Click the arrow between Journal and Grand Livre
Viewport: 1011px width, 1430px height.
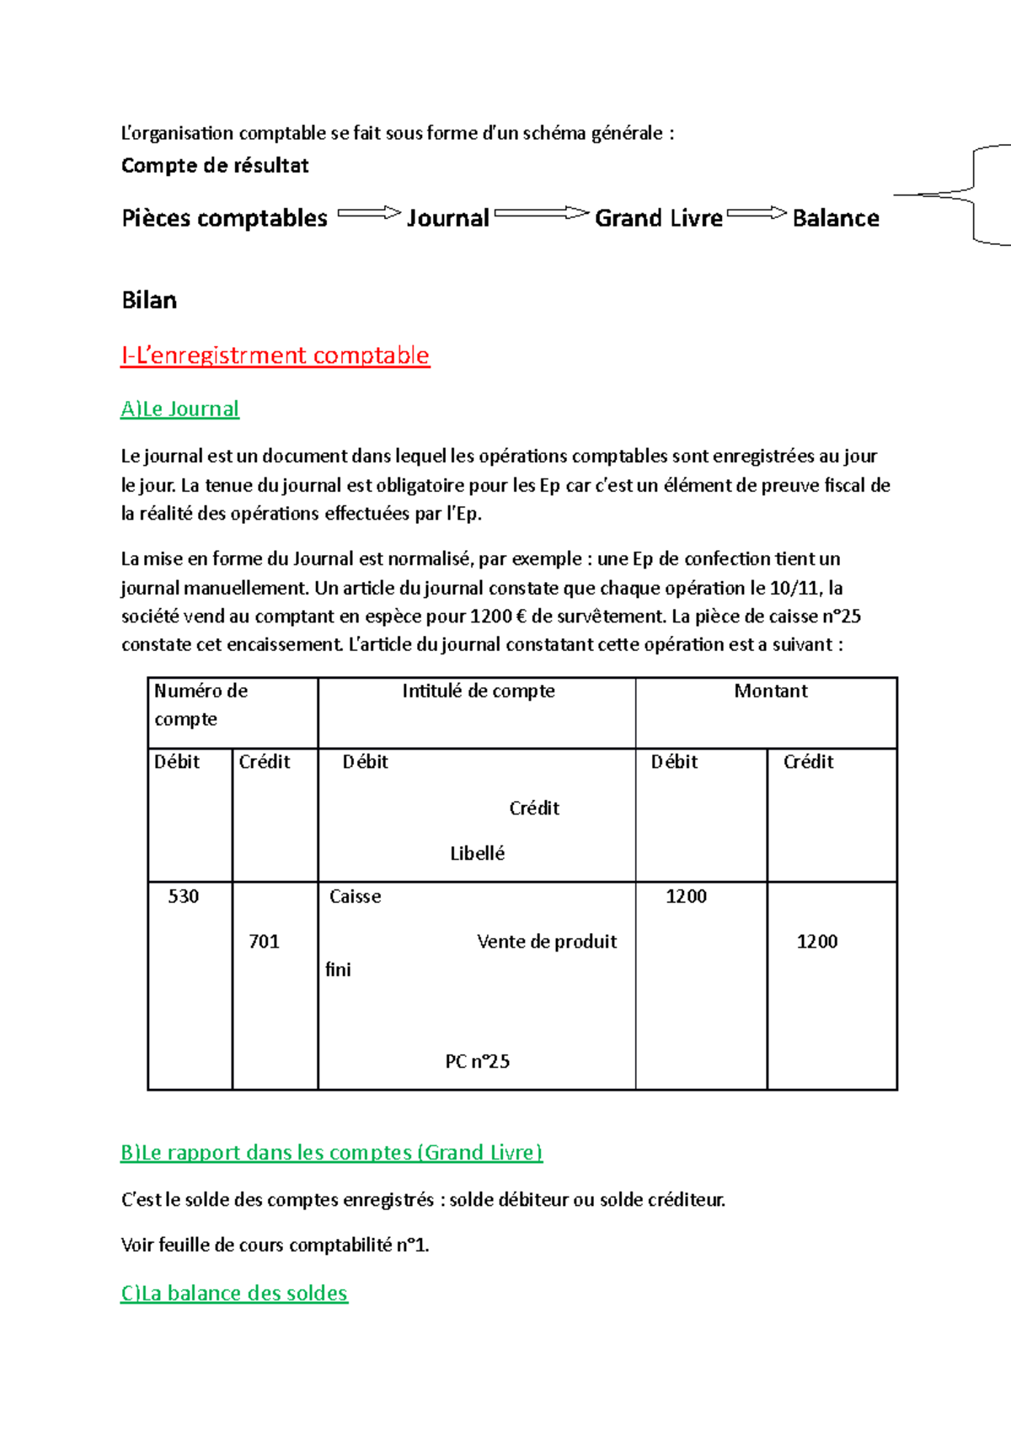coord(541,214)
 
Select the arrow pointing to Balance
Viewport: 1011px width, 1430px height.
coord(756,214)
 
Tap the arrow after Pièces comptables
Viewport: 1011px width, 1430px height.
coord(368,214)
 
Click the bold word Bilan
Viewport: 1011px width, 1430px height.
coord(149,301)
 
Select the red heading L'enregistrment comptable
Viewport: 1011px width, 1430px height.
coord(275,355)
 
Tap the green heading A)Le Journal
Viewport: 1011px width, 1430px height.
coord(179,409)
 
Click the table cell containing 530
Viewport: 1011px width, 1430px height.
coord(184,896)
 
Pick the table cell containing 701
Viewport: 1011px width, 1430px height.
coord(264,942)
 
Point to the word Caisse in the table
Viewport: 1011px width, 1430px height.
coord(355,896)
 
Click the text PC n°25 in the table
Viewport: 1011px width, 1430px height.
coord(477,1061)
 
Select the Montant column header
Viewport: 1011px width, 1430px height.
coord(770,691)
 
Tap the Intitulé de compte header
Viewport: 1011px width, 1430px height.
coord(478,691)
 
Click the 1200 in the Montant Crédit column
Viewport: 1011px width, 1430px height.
coord(816,942)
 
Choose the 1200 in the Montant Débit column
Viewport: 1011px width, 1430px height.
coord(686,896)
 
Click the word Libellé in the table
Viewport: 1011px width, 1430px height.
coord(477,853)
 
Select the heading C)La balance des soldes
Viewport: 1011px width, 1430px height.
coord(234,1294)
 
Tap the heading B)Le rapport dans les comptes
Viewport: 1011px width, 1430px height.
coord(331,1153)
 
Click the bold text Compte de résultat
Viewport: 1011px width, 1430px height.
coord(215,166)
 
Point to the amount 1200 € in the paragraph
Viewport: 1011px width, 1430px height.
coord(497,616)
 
